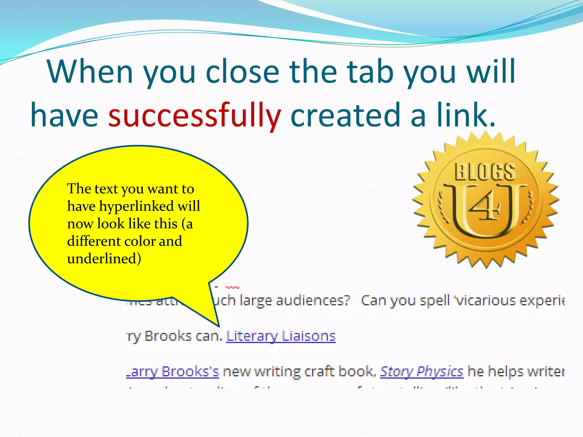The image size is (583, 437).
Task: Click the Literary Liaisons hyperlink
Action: (x=281, y=336)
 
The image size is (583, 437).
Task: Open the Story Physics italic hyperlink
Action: (x=422, y=371)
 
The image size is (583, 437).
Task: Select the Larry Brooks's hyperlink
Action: (x=173, y=371)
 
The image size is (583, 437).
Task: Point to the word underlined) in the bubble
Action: (x=104, y=259)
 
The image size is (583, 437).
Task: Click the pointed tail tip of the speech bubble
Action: (x=219, y=326)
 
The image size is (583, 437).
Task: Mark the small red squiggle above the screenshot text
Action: (x=233, y=287)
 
